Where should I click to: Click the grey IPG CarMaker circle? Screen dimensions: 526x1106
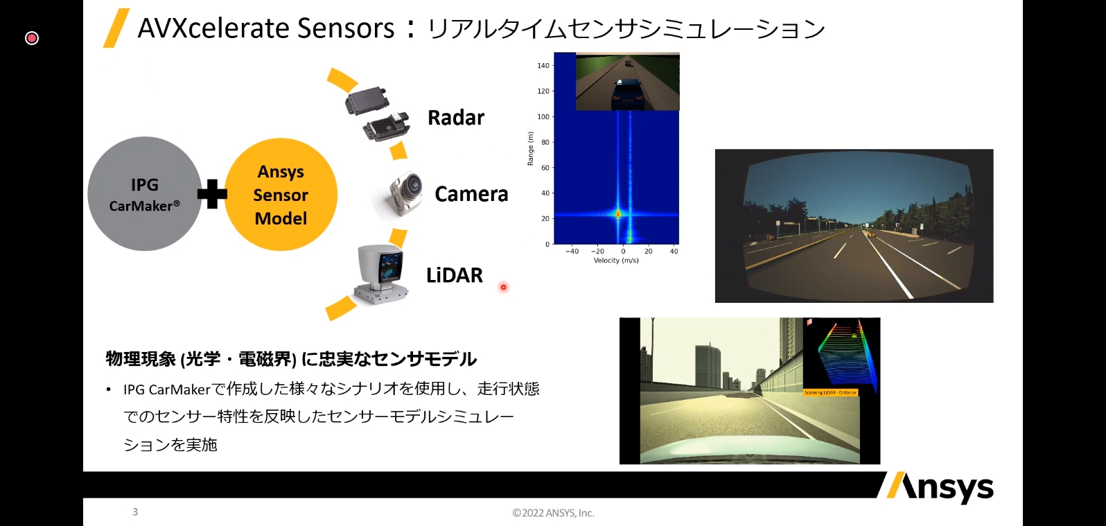[144, 194]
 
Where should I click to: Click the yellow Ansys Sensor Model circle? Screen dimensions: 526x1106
[281, 195]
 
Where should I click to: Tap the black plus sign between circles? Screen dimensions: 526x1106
[212, 194]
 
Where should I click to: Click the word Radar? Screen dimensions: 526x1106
[456, 118]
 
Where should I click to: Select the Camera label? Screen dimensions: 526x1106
[471, 194]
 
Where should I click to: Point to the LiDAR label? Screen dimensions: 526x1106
[455, 275]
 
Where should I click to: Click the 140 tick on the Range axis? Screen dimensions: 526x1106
[543, 66]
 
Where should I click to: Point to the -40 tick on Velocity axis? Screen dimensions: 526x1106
[572, 252]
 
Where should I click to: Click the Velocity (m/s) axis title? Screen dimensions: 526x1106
[616, 261]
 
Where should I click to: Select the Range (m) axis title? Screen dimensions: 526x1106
[531, 148]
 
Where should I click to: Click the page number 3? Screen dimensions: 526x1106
[135, 511]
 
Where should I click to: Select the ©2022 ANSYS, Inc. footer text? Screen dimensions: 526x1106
[553, 513]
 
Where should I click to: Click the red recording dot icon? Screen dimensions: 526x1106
[32, 38]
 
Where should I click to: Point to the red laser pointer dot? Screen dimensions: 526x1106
[503, 287]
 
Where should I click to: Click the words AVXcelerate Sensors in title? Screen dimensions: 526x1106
[266, 28]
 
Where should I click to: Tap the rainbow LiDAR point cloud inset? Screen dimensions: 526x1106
[841, 356]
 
